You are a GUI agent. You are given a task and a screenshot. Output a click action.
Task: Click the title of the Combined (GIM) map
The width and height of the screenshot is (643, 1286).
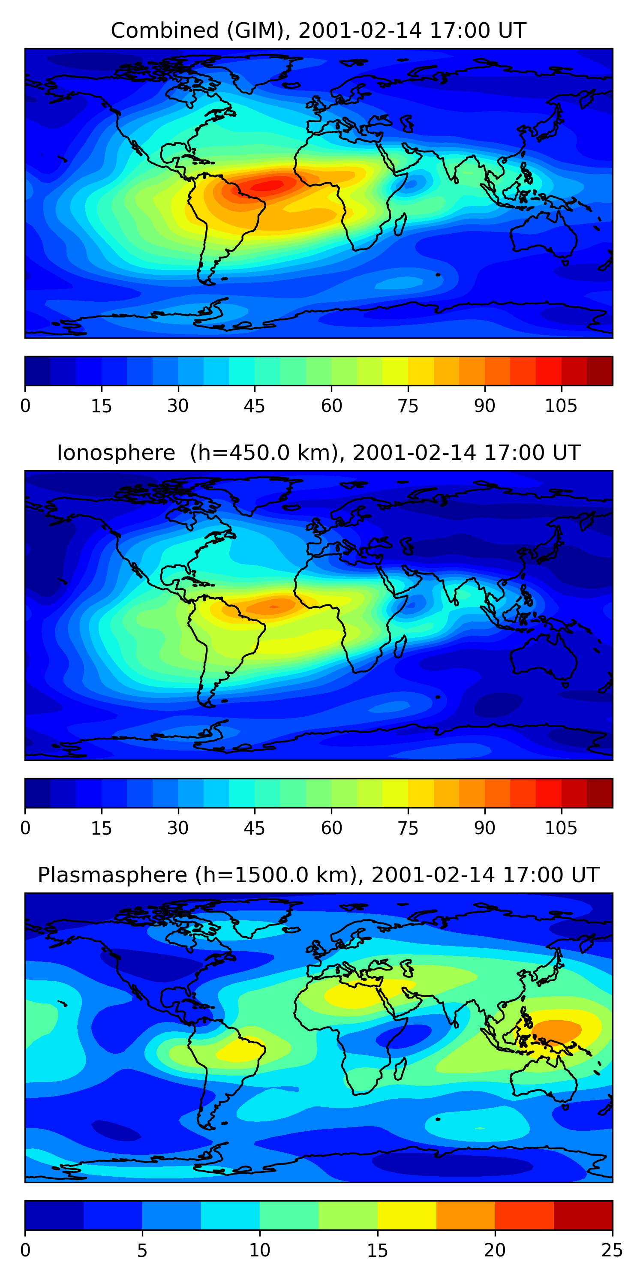coord(318,30)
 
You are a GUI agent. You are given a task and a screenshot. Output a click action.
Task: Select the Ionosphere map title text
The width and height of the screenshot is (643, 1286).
coord(318,453)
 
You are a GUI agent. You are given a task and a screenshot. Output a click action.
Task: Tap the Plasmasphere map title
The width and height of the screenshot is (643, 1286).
coord(318,875)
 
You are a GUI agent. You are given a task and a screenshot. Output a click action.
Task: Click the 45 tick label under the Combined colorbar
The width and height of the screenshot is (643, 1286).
coord(254,406)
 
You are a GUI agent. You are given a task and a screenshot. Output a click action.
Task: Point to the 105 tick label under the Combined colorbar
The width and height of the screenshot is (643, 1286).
coord(561,406)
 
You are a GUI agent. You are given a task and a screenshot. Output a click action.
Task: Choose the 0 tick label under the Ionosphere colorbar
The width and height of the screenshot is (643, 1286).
coord(25,828)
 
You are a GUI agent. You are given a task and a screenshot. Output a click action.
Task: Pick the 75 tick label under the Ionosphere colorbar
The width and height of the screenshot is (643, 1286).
coord(408,828)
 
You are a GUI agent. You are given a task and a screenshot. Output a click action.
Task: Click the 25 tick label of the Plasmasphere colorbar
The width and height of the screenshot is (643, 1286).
coord(612,1250)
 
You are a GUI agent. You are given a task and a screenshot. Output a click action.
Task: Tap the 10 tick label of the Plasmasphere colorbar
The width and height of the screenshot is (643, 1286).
coord(260,1250)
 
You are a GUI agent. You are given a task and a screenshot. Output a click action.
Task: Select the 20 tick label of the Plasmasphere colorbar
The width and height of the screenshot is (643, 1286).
coord(495,1250)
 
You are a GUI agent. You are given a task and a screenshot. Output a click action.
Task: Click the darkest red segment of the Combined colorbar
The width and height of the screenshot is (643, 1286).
coord(600,371)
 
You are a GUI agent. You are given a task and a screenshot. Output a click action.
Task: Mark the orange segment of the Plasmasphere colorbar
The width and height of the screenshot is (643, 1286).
coord(465,1216)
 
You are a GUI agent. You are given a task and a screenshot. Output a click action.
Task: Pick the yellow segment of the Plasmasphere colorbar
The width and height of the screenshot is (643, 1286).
coord(406,1216)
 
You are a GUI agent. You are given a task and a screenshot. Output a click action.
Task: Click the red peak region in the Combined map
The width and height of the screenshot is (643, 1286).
coord(270,185)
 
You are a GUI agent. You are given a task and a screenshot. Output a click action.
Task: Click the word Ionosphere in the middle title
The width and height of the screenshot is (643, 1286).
coord(116,453)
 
